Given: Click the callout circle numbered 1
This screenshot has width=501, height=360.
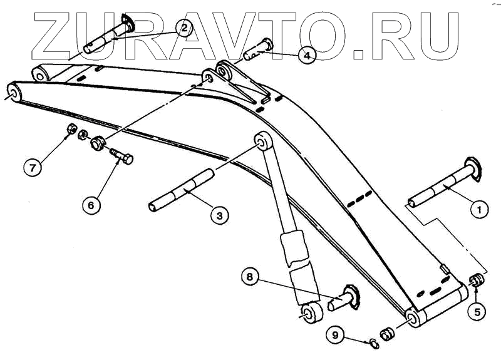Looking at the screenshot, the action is coord(479,210).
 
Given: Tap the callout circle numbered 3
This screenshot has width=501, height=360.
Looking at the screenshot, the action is coord(219,215).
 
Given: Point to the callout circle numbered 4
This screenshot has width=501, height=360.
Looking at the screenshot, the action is coord(306,56).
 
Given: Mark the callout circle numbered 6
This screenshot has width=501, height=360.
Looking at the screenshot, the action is coord(91,205).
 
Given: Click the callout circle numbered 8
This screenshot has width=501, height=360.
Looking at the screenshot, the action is coord(249,276).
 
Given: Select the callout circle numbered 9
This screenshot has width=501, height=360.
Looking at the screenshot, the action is coord(335,336).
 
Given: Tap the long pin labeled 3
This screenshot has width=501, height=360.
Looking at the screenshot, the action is coord(182,190).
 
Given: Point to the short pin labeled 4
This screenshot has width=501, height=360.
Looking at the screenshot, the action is coord(259,49).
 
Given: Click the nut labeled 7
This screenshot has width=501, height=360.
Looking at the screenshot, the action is coord(71,130).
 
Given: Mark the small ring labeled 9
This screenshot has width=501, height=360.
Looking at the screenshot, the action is coord(373,342).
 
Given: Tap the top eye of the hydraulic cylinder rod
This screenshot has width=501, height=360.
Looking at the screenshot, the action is coord(261,141).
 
